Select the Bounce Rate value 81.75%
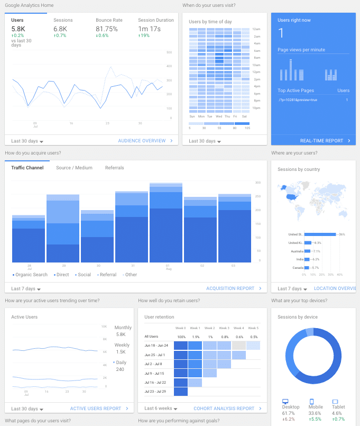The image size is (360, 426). pos(106,29)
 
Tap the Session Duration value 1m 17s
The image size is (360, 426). pos(150,29)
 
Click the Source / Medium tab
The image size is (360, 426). pos(74,168)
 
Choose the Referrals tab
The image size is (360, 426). pos(114,168)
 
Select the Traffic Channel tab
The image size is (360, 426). pos(27,168)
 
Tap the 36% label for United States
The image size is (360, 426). pos(341,234)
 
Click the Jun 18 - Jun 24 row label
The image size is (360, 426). pos(156,345)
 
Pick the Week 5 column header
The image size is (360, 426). pos(254,328)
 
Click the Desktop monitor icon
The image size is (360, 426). pos(285,402)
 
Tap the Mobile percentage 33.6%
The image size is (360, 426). pos(315,413)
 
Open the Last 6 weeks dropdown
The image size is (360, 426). pos(161,409)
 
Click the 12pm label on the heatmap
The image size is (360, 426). pos(256,71)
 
